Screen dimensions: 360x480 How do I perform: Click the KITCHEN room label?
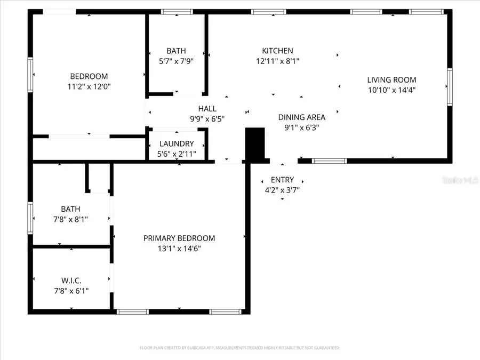(x=277, y=51)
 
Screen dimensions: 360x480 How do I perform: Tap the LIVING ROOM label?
(x=391, y=80)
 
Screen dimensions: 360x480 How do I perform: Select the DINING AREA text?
(x=301, y=117)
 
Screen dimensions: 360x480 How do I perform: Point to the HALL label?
(x=207, y=109)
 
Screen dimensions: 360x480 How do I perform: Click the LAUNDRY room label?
(x=176, y=144)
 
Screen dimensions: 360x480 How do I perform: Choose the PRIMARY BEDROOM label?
(x=179, y=238)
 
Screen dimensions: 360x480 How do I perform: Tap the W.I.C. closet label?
(x=71, y=281)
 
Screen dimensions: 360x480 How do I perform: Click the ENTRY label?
(x=282, y=180)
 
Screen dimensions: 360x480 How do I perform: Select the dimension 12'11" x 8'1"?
(x=277, y=61)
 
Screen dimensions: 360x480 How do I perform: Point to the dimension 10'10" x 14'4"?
(x=391, y=90)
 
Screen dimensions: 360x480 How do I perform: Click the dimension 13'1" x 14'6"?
(x=179, y=248)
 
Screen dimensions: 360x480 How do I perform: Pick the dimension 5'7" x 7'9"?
(x=176, y=61)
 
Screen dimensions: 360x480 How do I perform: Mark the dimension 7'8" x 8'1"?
(x=71, y=219)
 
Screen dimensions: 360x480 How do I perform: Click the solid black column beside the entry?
(x=255, y=143)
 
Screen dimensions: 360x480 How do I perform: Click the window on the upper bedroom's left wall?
(x=30, y=75)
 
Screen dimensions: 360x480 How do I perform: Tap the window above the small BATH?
(x=177, y=11)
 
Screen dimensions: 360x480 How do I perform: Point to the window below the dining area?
(x=329, y=161)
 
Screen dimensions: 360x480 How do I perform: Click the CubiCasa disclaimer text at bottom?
(x=239, y=348)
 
